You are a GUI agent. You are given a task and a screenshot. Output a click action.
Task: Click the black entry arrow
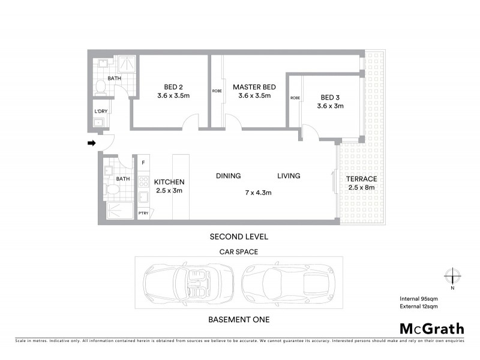coord(92,143)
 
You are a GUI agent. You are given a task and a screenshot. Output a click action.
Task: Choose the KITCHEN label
coord(169,182)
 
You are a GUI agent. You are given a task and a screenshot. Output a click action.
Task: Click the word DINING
coord(228,176)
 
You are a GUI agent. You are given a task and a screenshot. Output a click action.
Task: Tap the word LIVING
coord(288,176)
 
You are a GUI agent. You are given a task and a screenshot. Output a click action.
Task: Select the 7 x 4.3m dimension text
coord(259,193)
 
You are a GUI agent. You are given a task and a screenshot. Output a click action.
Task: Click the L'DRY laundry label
coord(101,112)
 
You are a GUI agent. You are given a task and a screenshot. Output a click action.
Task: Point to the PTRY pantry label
coord(143,213)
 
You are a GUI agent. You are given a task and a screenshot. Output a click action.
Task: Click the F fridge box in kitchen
coord(143,163)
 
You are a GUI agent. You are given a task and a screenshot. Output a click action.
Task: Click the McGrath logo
coord(431,328)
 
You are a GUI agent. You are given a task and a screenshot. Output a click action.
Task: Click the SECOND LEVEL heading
coord(238,236)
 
